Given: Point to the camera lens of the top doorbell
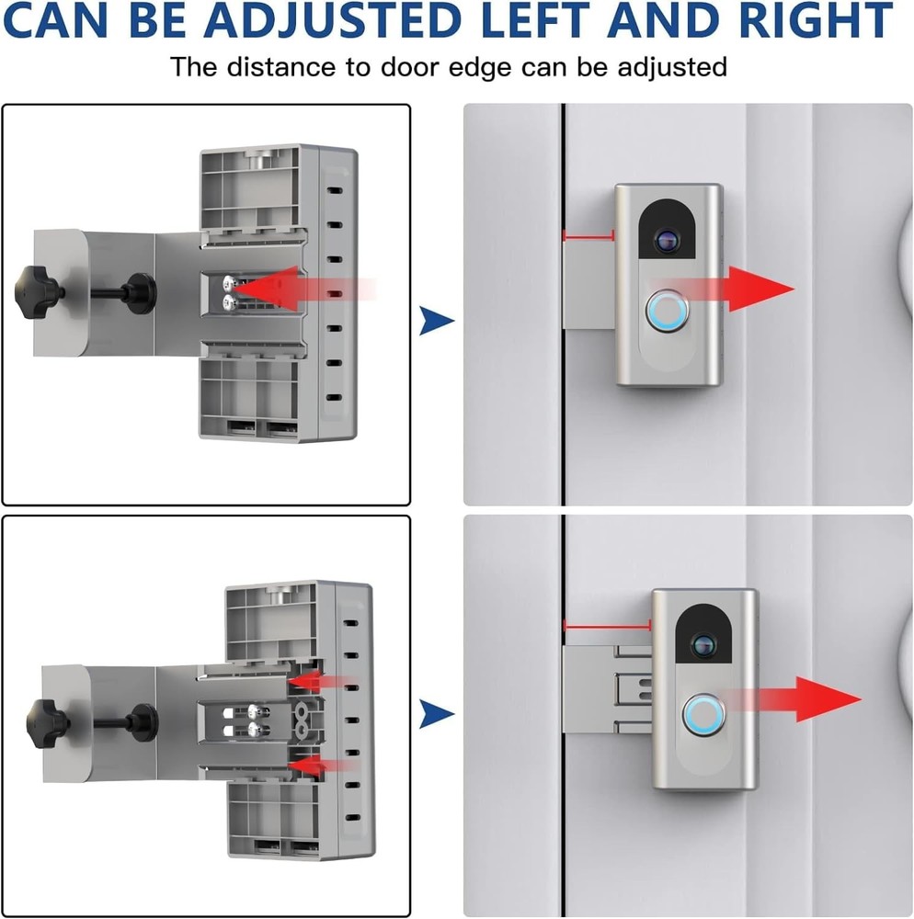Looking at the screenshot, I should pos(666,241).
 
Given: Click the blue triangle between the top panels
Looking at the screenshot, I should pos(437,321).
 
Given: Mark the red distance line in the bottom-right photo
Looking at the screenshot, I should pos(607,627).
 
